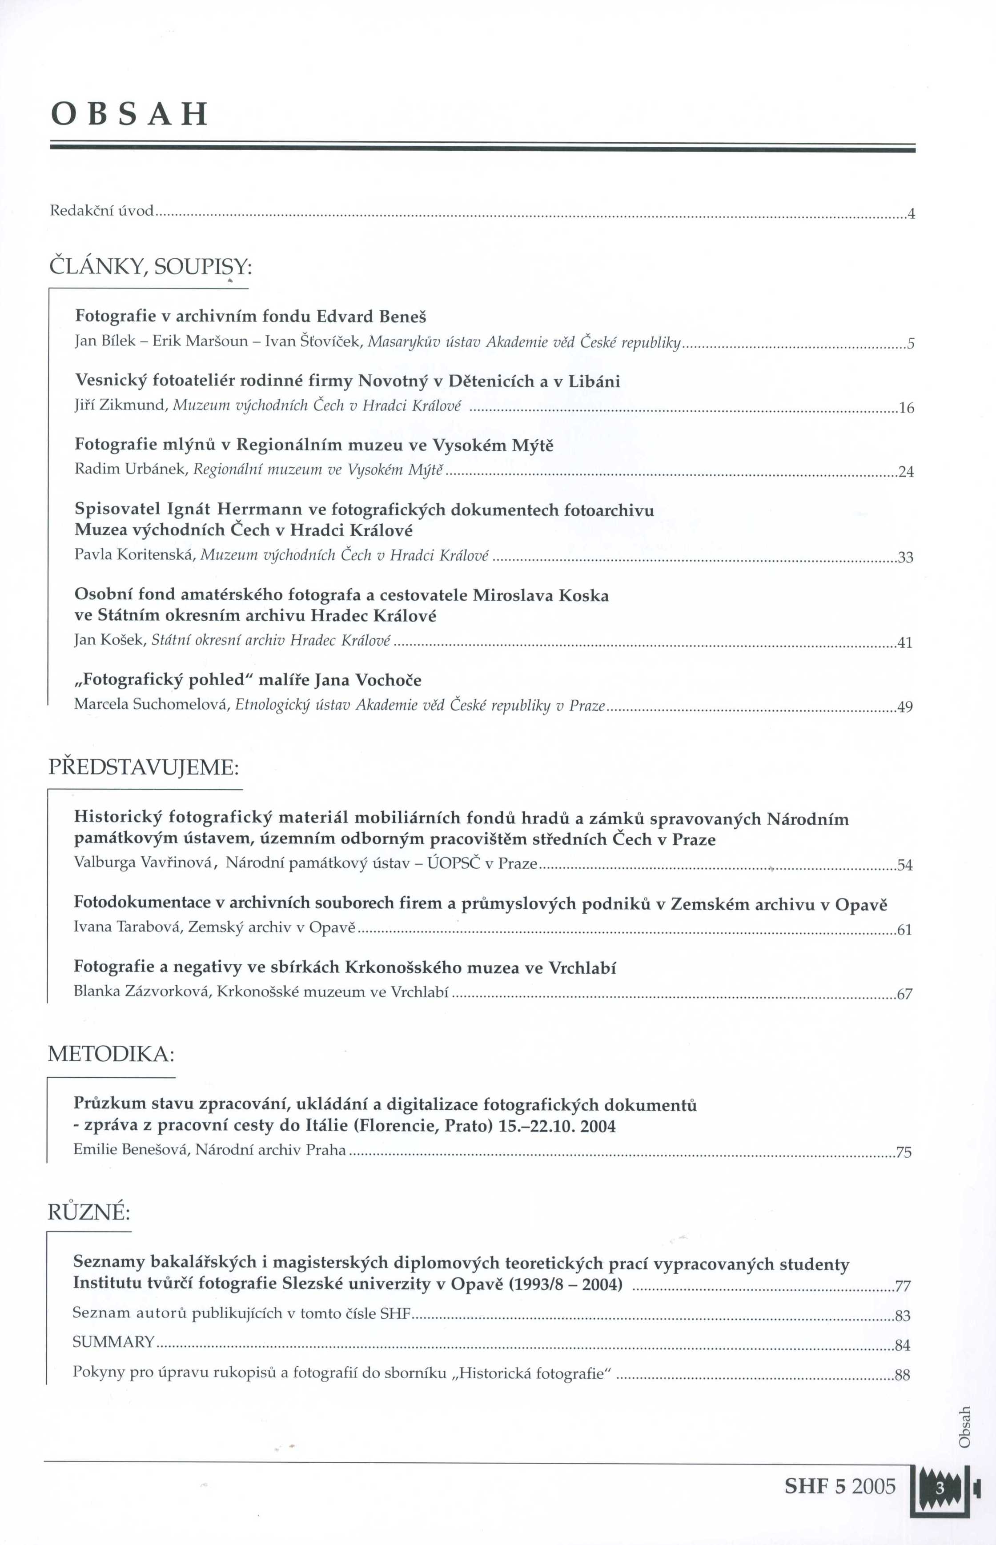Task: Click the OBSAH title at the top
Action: click(129, 114)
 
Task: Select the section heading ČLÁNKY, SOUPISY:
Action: click(150, 266)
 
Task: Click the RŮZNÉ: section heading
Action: click(89, 1212)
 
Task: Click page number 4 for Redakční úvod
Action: click(911, 213)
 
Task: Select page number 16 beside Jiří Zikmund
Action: click(907, 408)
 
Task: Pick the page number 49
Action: click(905, 707)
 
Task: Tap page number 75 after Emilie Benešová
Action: click(904, 1152)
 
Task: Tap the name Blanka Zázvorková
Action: click(142, 991)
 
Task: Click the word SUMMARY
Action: click(113, 1341)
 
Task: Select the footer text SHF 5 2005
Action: click(839, 1486)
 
